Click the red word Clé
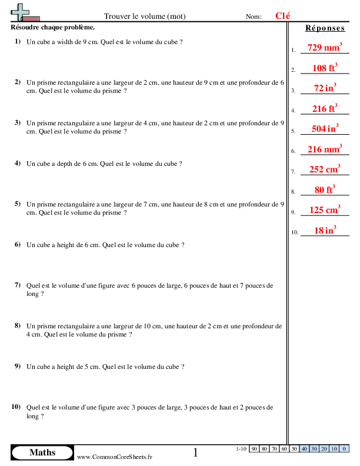tap(282, 16)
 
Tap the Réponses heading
tap(325, 28)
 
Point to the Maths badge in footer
tap(42, 452)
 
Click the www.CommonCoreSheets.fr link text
tap(115, 457)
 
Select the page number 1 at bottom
tap(196, 452)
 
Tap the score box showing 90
tap(254, 449)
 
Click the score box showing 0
tap(344, 449)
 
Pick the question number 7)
tap(18, 285)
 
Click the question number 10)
tap(16, 407)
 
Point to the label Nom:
tap(254, 17)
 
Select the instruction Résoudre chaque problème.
tap(52, 28)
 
